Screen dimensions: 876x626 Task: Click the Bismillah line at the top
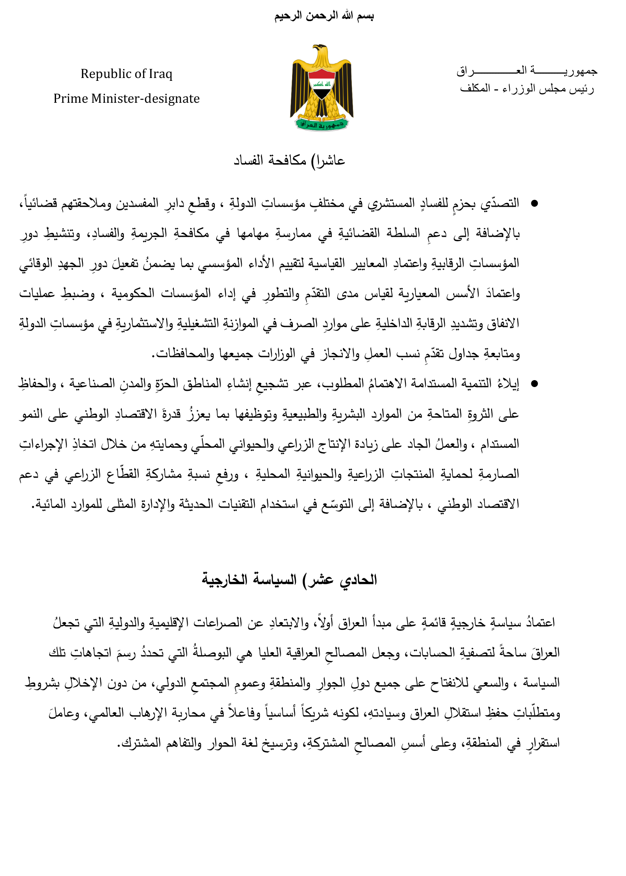pos(324,16)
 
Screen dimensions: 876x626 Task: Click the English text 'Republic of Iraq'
pos(126,74)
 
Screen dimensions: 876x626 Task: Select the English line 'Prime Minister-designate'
pos(126,99)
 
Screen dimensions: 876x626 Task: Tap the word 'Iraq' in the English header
pos(160,74)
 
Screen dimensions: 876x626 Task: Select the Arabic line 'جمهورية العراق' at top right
pos(526,71)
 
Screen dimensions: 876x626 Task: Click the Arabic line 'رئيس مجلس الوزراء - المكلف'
pos(526,89)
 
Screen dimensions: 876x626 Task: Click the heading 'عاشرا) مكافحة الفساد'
pos(289,161)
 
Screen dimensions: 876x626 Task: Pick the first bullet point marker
pos(534,203)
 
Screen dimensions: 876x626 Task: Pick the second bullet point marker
pos(534,384)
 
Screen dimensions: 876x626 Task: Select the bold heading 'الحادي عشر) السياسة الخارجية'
pos(289,580)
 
